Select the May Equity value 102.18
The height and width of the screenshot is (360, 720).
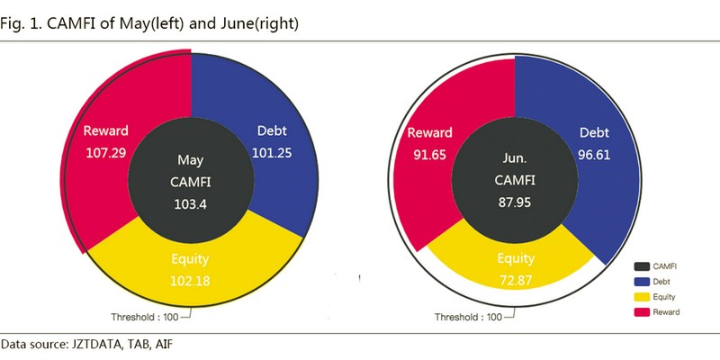click(x=190, y=282)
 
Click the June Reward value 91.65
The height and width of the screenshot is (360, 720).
click(x=428, y=152)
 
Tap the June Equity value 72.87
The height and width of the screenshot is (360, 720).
click(x=516, y=282)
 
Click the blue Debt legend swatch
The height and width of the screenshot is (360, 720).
click(x=642, y=281)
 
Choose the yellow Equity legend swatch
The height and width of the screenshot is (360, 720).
click(x=642, y=296)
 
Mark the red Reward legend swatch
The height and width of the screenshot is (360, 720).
click(x=642, y=311)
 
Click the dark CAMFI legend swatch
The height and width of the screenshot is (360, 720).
click(x=642, y=265)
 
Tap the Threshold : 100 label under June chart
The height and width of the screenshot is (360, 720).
click(x=468, y=317)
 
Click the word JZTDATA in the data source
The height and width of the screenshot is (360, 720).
click(x=96, y=344)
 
